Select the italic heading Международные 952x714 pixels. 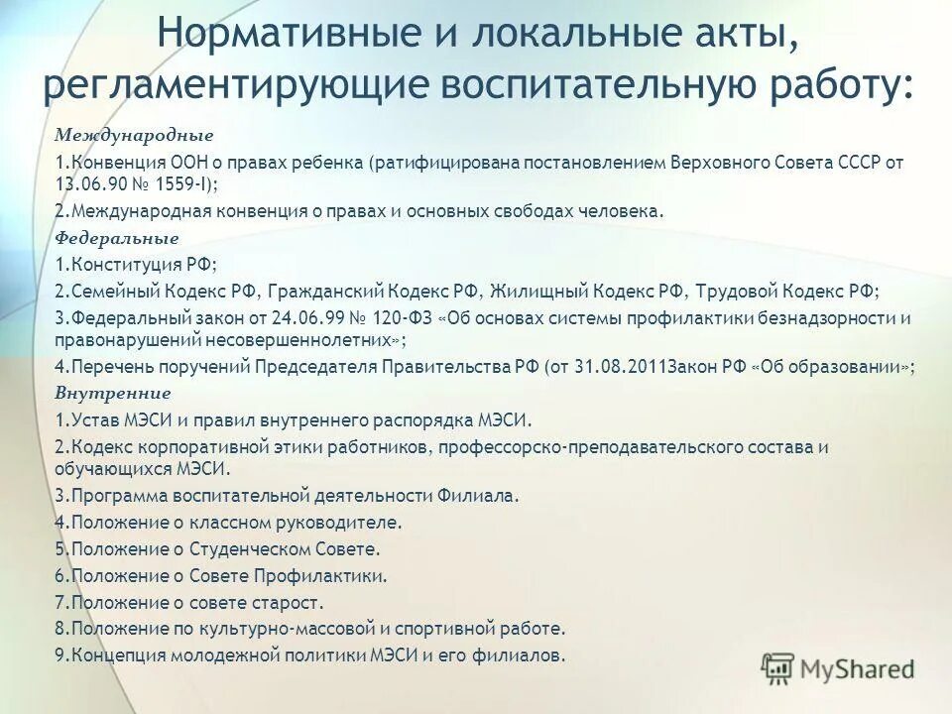[x=120, y=134]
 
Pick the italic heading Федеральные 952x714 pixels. [x=115, y=238]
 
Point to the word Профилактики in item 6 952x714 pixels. [x=335, y=575]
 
